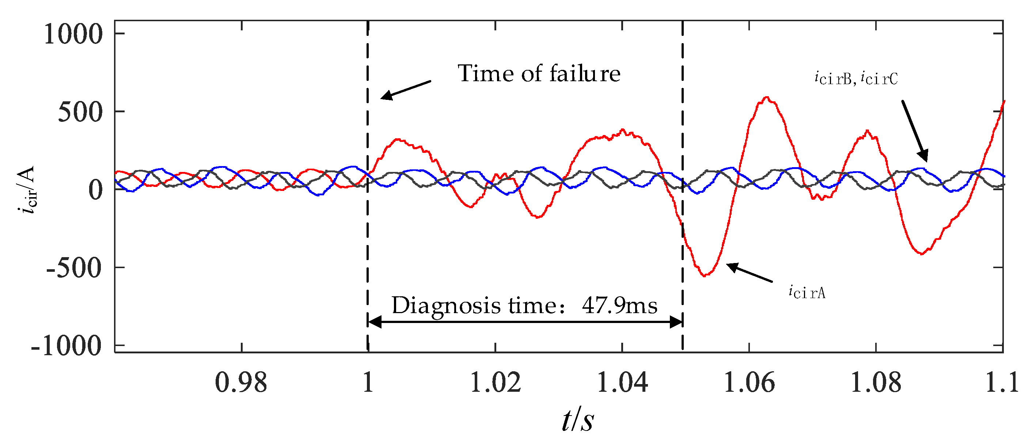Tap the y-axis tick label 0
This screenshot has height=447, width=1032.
95,190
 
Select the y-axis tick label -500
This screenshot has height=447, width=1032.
74,268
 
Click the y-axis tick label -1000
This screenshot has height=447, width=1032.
67,346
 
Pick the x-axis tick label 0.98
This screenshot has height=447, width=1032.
241,383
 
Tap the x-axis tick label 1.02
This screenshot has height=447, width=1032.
495,383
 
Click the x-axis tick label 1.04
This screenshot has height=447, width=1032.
622,383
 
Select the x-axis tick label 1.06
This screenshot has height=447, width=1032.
749,383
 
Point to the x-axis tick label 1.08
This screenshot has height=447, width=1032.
876,383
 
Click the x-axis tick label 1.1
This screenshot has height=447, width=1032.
1002,383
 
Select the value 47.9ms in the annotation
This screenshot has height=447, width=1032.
619,305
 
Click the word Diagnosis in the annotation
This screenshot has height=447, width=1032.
446,306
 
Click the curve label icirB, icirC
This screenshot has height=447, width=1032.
856,78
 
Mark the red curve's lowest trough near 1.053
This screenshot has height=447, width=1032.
704,276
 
